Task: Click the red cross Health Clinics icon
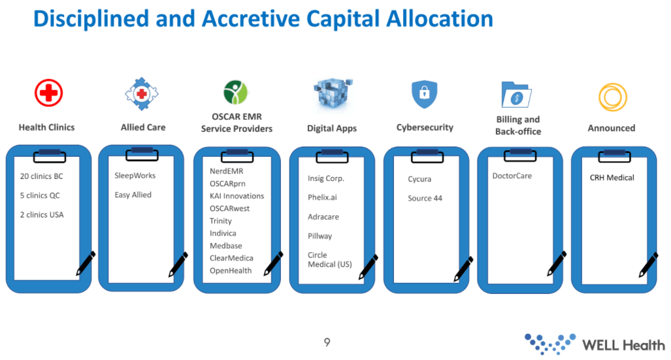[49, 93]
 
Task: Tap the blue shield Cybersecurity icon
[424, 93]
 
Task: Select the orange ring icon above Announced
[613, 97]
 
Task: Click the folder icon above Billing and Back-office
[516, 95]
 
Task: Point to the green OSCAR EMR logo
[235, 92]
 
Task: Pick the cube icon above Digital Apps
[333, 93]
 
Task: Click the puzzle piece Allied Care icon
[142, 93]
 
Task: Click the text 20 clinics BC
[42, 176]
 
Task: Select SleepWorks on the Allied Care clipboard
[135, 176]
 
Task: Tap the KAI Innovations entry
[237, 195]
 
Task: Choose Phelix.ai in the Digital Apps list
[322, 197]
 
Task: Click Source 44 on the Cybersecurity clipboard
[425, 198]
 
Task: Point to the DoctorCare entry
[512, 176]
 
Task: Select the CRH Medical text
[612, 178]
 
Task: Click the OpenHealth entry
[231, 270]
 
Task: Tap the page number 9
[327, 342]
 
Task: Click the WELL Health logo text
[623, 345]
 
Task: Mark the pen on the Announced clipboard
[648, 265]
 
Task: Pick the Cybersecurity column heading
[425, 127]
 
